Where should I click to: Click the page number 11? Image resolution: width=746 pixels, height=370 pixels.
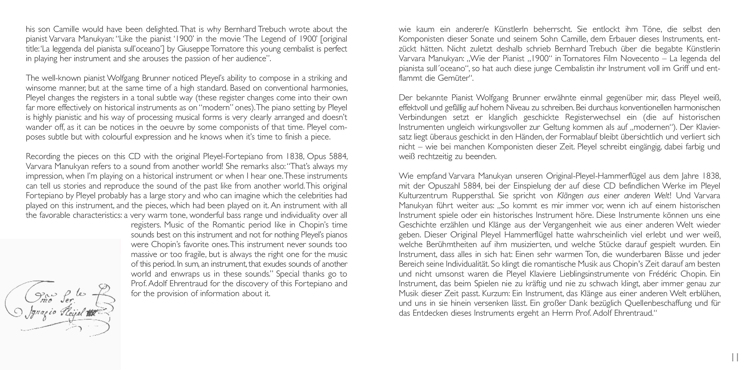[x=735, y=357]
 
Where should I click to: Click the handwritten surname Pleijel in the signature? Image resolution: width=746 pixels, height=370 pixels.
[x=72, y=312]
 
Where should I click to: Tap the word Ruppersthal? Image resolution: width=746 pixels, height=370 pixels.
[x=473, y=196]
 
